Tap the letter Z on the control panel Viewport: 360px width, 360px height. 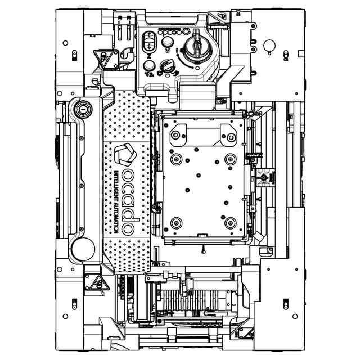click(x=148, y=57)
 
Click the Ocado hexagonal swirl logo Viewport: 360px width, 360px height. click(x=125, y=155)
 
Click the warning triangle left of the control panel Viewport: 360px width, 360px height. click(x=102, y=57)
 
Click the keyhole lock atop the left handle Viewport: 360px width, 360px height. click(x=83, y=107)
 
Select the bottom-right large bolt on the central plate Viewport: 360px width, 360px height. click(x=230, y=223)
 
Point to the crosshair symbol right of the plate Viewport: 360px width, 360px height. click(x=264, y=178)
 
